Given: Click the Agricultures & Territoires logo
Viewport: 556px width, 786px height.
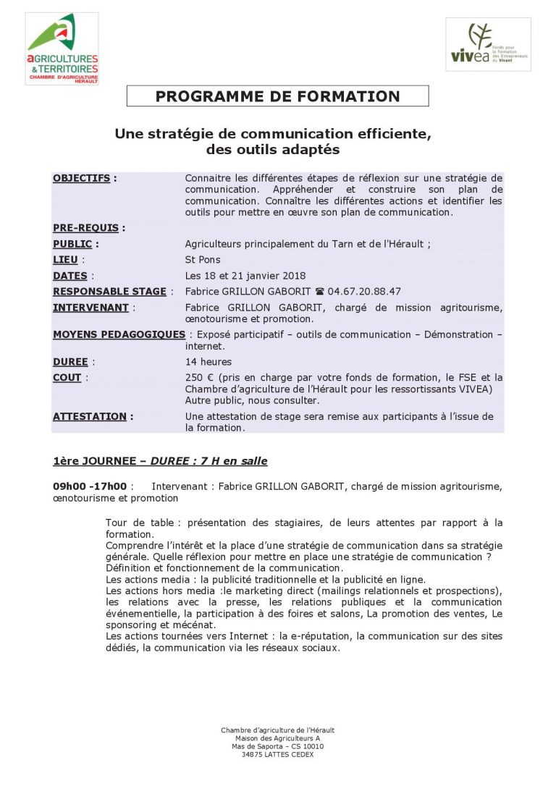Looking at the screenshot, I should (62, 48).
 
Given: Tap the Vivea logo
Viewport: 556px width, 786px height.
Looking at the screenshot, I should (488, 44).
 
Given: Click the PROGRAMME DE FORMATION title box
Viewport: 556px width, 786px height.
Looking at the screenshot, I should (277, 96).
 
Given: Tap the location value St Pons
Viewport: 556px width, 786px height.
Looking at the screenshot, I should (203, 260).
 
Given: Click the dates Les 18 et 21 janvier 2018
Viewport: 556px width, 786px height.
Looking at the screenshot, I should (245, 276).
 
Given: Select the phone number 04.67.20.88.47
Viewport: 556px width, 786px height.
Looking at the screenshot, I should (364, 292).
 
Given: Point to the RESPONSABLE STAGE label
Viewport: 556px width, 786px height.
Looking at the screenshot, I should (109, 292).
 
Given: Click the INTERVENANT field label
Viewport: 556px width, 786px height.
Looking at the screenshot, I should (90, 308).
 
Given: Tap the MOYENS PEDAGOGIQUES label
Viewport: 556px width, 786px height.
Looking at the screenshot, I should (119, 334).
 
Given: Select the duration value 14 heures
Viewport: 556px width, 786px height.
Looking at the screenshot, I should (208, 362).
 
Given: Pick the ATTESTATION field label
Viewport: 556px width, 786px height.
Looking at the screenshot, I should (89, 416).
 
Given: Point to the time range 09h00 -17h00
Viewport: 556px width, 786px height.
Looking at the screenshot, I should (90, 486).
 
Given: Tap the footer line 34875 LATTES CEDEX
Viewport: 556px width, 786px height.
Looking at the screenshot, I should (278, 754).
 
